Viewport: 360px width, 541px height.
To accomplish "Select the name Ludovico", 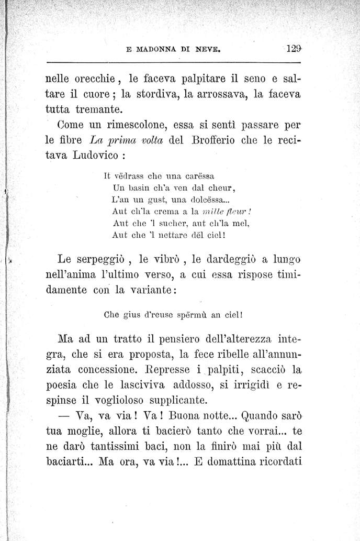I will tap(98, 156).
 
